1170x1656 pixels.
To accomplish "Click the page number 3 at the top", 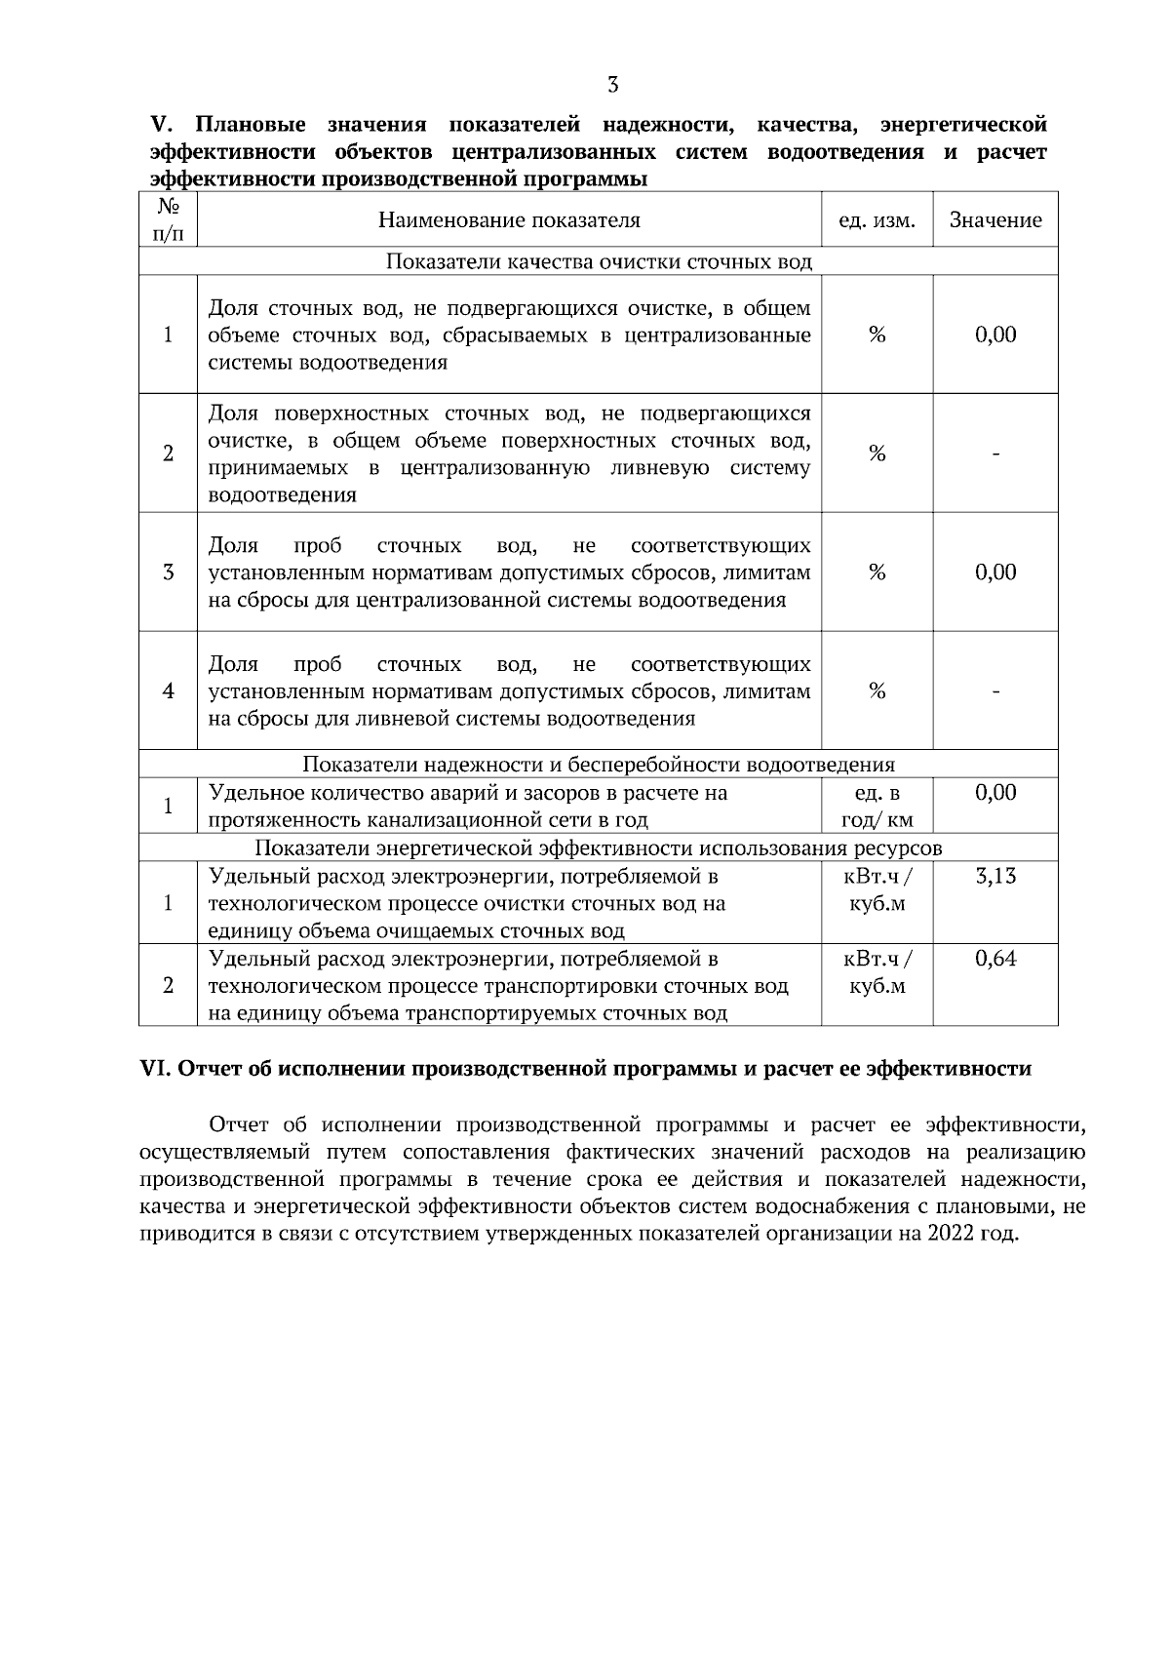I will tap(612, 85).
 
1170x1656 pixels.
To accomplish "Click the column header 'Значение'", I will tap(995, 220).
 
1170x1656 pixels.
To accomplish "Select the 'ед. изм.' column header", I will tap(877, 220).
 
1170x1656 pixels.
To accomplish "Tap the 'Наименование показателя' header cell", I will tap(509, 220).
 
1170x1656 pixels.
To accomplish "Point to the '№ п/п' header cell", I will tap(168, 220).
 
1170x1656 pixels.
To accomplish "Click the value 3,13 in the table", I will tap(995, 876).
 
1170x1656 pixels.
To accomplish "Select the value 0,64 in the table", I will tap(995, 959).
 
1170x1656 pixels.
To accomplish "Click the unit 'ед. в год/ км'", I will tap(877, 806).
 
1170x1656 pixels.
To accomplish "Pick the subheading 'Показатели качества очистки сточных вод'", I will tap(599, 261).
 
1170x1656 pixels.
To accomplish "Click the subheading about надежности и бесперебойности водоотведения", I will tap(599, 765).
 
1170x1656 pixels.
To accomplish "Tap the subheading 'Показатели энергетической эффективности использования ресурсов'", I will tap(599, 848).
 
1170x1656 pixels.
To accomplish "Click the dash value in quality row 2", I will tap(995, 453).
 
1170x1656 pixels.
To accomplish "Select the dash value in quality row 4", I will tap(995, 691).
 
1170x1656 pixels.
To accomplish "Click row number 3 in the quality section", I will tap(168, 572).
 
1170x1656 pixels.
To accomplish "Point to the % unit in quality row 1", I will tap(877, 335).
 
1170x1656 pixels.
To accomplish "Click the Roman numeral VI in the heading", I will tap(156, 1069).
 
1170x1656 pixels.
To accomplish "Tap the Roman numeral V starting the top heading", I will tap(160, 125).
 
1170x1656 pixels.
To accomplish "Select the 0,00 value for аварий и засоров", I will tap(995, 793).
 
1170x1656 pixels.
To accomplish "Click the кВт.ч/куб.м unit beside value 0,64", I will tap(877, 972).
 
